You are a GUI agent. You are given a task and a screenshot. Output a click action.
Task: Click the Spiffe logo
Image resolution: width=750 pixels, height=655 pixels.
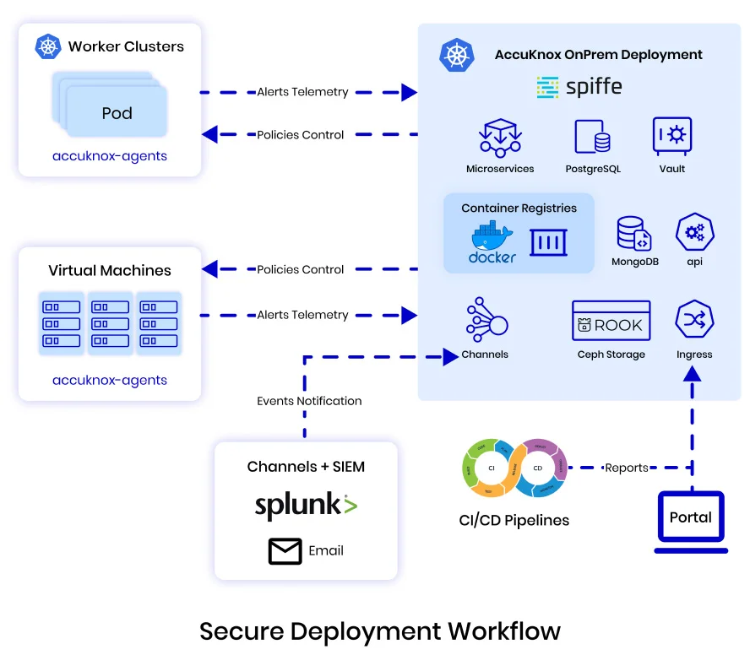579,87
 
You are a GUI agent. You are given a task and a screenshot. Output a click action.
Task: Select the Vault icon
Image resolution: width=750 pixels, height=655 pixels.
672,136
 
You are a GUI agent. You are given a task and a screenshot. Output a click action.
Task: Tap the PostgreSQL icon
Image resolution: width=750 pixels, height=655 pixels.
593,137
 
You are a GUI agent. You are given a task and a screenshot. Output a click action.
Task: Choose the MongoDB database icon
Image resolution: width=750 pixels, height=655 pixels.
633,233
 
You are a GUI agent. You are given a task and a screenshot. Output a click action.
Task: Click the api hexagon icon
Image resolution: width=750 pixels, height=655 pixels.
695,233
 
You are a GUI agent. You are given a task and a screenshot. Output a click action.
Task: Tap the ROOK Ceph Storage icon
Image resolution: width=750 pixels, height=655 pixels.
611,322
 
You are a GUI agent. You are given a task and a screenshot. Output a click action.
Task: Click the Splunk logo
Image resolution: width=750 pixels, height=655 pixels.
306,506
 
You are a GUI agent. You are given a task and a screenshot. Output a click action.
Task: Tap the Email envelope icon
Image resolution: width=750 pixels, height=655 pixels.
285,551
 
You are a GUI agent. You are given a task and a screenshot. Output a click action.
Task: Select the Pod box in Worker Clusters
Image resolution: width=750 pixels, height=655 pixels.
117,113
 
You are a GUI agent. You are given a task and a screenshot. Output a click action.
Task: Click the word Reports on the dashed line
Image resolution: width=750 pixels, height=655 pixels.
627,468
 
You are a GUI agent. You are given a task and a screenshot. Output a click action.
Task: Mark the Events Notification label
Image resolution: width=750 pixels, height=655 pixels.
309,401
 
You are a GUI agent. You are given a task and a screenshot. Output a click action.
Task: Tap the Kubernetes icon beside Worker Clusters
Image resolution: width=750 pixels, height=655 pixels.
48,47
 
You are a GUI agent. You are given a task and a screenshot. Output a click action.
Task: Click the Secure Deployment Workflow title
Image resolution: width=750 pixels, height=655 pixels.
380,631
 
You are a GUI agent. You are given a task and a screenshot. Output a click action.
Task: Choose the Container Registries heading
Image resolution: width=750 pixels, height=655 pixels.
519,208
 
